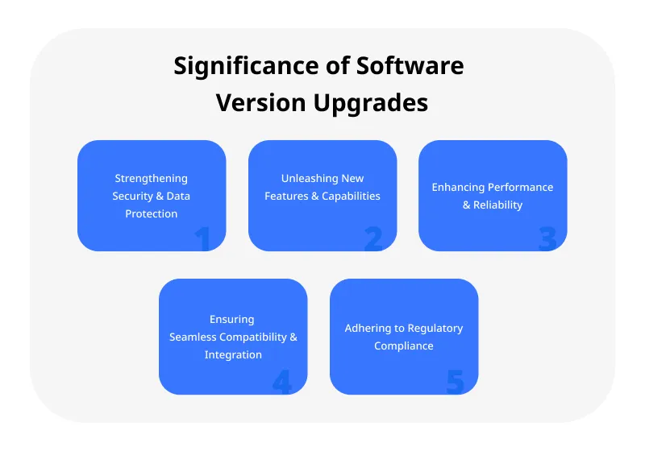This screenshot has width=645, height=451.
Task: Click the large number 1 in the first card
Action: (202, 239)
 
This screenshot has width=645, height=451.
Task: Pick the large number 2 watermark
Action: (372, 239)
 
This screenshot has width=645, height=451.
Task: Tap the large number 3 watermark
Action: (547, 239)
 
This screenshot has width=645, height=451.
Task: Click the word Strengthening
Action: (152, 179)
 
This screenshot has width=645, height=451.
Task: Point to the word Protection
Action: (152, 214)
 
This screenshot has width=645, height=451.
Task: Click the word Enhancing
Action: (457, 188)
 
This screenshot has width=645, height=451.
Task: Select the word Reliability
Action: (499, 205)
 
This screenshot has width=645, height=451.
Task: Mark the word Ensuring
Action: (233, 320)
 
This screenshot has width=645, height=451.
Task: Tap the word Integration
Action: (233, 355)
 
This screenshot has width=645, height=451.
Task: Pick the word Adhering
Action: (366, 329)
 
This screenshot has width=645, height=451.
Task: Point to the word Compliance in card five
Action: (404, 346)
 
